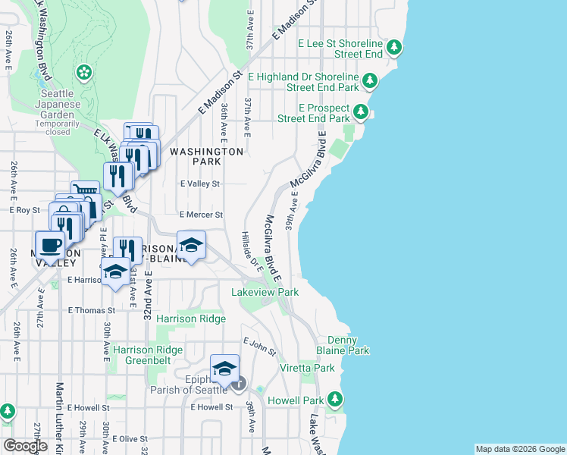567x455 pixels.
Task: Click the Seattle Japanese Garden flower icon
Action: pos(84,73)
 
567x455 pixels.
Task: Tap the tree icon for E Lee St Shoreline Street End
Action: pos(394,49)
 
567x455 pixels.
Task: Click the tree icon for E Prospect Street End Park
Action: pos(362,113)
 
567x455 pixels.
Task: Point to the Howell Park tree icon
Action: pos(333,400)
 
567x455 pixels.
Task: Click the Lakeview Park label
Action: pos(265,292)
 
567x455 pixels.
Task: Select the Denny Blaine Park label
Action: pos(348,346)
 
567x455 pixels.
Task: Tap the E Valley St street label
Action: pos(199,184)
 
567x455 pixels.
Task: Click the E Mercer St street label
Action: pos(200,215)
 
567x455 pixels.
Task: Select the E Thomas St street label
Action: pos(92,310)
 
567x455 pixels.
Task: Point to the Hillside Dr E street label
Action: pos(251,252)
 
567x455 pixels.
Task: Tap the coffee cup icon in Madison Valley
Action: pos(51,244)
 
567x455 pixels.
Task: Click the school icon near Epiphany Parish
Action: pos(224,369)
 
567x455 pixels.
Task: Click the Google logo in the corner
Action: pos(25,446)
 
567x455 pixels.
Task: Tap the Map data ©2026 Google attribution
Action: pos(519,449)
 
